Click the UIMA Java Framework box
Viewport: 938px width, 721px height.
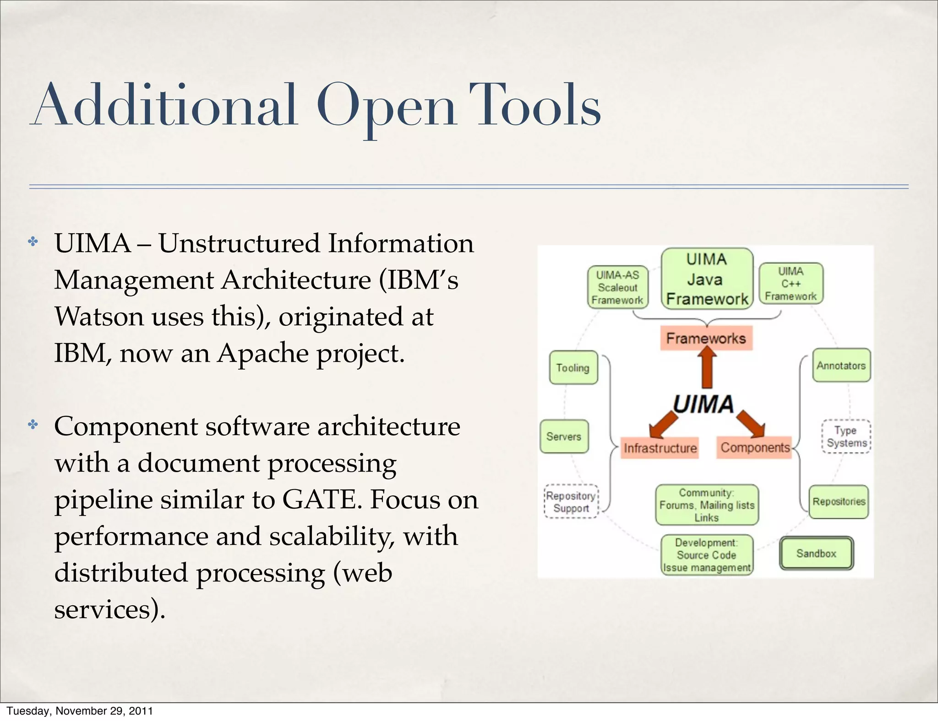(x=707, y=279)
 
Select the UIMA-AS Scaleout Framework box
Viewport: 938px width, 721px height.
(x=617, y=287)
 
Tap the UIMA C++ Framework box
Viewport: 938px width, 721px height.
(x=791, y=284)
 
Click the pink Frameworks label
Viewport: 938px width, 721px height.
(x=706, y=338)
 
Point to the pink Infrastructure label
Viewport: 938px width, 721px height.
(x=660, y=447)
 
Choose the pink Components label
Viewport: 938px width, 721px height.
(x=755, y=447)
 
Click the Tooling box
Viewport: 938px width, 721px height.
(x=573, y=368)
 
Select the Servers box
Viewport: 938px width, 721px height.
(x=564, y=436)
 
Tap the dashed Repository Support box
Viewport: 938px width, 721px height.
(x=571, y=502)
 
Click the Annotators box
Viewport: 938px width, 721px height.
(x=841, y=366)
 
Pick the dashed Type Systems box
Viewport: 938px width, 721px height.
(x=846, y=436)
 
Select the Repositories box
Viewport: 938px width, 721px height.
(x=839, y=501)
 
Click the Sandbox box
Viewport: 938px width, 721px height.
(x=816, y=554)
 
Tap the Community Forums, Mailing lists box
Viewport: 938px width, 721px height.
(x=707, y=505)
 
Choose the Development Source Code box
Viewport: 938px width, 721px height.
(x=707, y=555)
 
